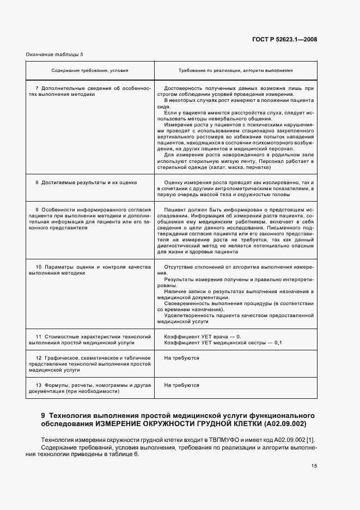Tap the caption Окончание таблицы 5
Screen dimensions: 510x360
(x=55, y=54)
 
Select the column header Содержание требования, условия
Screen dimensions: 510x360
(x=90, y=70)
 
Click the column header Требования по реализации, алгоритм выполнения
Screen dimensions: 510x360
(x=235, y=70)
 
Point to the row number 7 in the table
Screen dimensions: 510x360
(x=36, y=88)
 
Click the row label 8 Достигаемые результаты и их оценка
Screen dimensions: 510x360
(x=86, y=183)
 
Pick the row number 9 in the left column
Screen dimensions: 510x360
(x=36, y=210)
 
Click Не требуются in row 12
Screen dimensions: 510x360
(x=181, y=358)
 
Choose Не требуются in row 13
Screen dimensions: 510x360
(x=181, y=385)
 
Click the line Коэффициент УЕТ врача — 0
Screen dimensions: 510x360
(x=202, y=337)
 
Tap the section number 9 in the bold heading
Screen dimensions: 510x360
(x=44, y=415)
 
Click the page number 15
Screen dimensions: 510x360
(x=314, y=465)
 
